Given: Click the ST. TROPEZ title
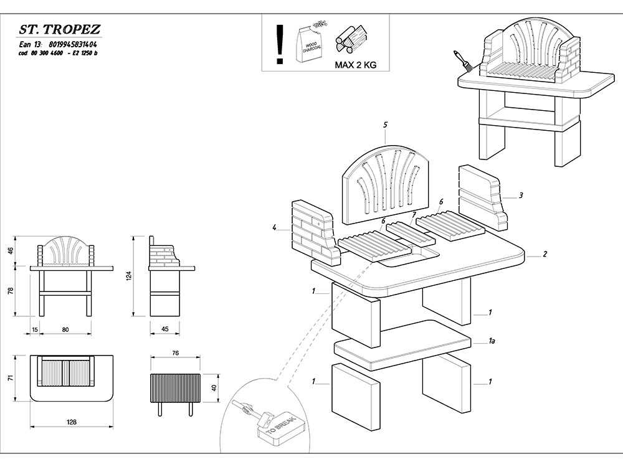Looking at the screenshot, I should (59, 30).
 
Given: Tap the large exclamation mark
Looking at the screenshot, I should (280, 44).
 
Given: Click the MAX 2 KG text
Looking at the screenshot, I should (355, 64).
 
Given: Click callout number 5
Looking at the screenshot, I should (386, 125).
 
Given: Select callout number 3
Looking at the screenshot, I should (521, 195).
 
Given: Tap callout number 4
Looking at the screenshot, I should (274, 228).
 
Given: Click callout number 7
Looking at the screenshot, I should (413, 215).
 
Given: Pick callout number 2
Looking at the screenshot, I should (545, 254).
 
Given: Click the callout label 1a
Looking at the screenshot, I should (492, 341).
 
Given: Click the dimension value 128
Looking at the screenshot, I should (72, 422).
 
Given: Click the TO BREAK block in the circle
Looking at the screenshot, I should (278, 429).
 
